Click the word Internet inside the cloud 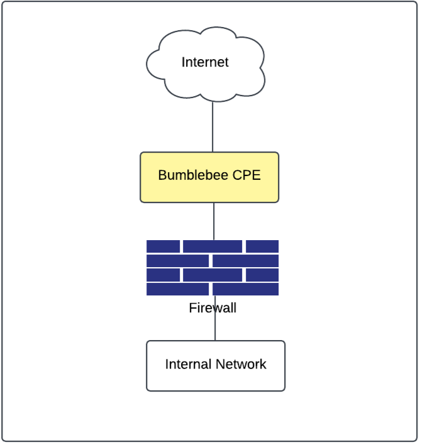pos(205,62)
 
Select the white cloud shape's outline pos(148,63)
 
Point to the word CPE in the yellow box pos(246,175)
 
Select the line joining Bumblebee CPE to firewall pos(214,221)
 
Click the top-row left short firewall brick pos(163,246)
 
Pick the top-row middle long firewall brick pos(213,246)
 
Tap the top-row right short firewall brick pos(262,246)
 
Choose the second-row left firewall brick pos(178,261)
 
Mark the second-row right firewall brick pos(246,261)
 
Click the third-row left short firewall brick pos(163,275)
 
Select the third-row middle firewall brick pos(213,275)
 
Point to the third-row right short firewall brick pos(262,275)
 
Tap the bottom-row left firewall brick pos(178,289)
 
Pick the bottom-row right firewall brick pos(246,289)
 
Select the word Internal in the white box pos(188,364)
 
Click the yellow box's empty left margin pos(149,177)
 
